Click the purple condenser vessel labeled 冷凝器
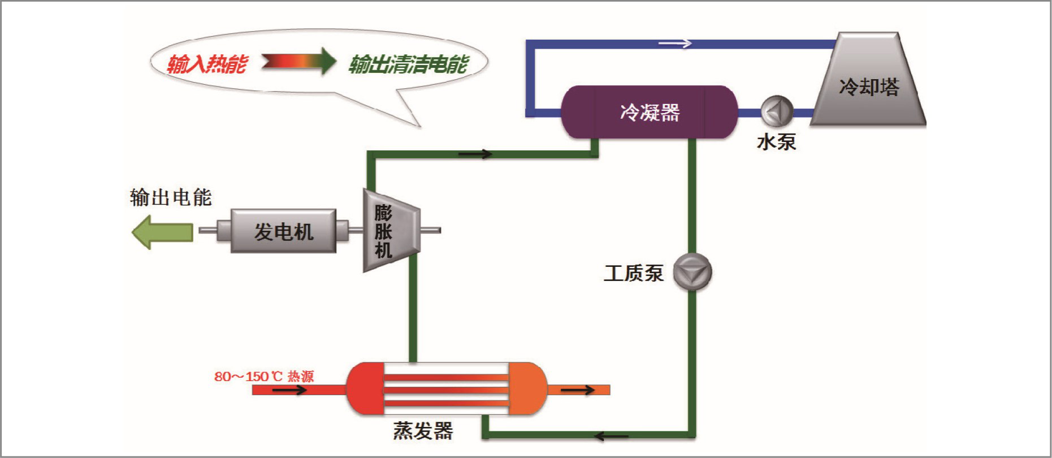coord(649,112)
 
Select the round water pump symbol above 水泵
coord(777,111)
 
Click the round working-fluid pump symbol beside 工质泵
coord(692,272)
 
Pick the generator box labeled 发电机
coord(283,231)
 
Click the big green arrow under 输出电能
coord(162,232)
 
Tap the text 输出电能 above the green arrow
coord(171,197)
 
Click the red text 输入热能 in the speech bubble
coord(207,64)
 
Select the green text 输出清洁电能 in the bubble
coord(408,64)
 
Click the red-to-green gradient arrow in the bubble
coord(299,61)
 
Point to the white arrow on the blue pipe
coord(676,44)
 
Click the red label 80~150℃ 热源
coord(264,377)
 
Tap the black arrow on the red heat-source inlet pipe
coord(289,390)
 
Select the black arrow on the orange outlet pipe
coord(578,390)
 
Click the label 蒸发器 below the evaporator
coord(423,431)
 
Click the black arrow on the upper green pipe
coord(475,154)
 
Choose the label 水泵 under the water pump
coord(776,141)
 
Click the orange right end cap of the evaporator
coord(527,389)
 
